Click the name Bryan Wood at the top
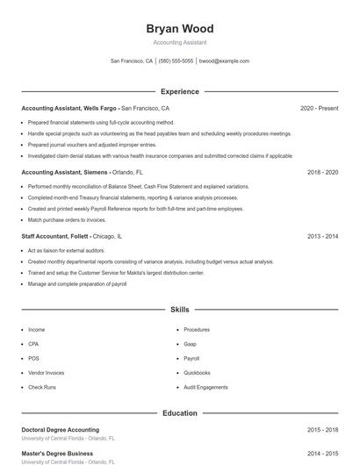(x=179, y=29)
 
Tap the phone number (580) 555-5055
(x=176, y=61)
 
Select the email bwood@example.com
(x=224, y=61)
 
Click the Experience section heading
(x=179, y=91)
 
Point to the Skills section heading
(x=179, y=310)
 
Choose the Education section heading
(x=179, y=412)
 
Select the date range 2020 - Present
(x=319, y=108)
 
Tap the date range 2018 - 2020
(x=322, y=173)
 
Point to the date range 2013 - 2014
(x=322, y=237)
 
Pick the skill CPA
(x=33, y=344)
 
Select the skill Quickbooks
(x=197, y=373)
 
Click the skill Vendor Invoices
(x=46, y=373)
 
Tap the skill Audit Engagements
(x=205, y=387)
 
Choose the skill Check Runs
(x=41, y=387)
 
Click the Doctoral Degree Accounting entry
(x=60, y=430)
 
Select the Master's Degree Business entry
(x=57, y=454)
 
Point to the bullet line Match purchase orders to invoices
(x=66, y=219)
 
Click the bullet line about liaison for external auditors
(x=67, y=251)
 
